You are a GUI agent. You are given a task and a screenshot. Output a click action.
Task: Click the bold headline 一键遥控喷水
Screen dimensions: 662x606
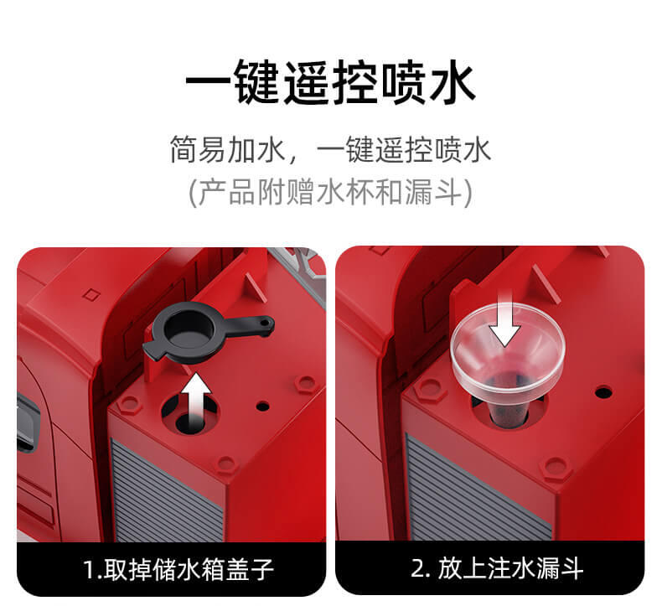click(x=330, y=83)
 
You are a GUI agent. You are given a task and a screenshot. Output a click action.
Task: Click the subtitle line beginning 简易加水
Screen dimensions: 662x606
click(x=330, y=149)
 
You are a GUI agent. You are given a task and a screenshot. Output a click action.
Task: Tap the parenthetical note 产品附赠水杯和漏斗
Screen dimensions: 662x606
click(x=330, y=193)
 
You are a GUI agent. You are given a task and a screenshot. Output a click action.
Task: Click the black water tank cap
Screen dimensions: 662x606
click(x=203, y=333)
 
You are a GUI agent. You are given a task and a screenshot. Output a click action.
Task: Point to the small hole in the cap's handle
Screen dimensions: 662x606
click(x=265, y=323)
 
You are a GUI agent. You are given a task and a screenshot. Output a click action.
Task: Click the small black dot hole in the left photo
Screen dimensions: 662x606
click(x=262, y=407)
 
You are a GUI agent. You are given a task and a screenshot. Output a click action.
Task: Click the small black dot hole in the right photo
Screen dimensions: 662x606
click(x=603, y=392)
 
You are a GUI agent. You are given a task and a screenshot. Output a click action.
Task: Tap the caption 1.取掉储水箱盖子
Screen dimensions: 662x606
click(x=178, y=570)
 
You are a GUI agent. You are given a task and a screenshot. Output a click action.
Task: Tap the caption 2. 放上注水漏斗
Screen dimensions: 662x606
click(x=497, y=568)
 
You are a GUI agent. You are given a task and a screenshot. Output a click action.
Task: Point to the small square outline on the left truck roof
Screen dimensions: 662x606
click(x=91, y=294)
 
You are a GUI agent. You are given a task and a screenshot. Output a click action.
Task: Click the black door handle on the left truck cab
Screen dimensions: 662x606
click(x=28, y=422)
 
